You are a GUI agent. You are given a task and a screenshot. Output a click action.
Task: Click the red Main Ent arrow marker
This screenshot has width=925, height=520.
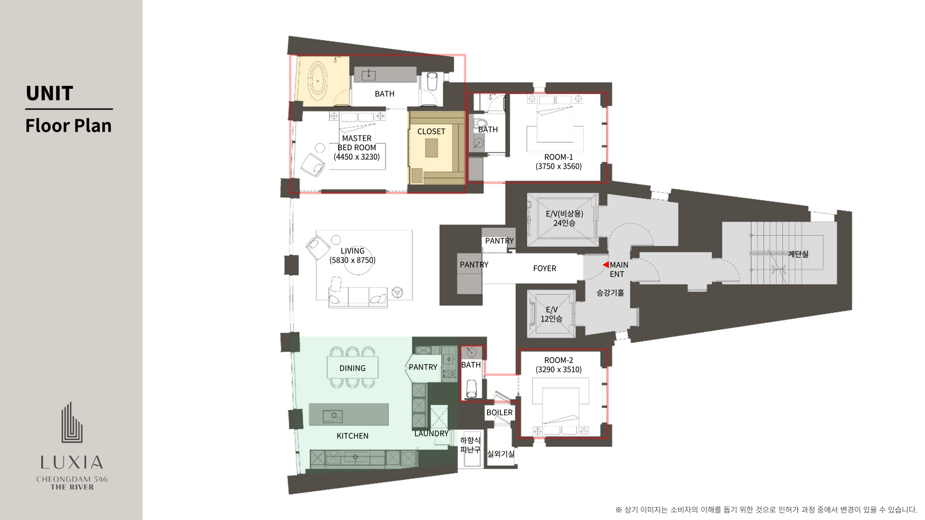click(x=605, y=265)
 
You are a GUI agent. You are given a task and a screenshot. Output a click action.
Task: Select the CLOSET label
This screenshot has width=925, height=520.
click(x=431, y=132)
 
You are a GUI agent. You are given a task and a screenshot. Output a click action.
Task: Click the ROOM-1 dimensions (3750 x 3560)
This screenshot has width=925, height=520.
click(x=559, y=166)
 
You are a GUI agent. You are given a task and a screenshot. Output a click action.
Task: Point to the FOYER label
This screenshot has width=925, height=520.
click(x=544, y=269)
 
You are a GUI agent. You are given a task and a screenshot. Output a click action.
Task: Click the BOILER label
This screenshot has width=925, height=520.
click(x=499, y=413)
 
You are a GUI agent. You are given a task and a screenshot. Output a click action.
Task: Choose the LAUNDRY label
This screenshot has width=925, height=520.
click(x=432, y=434)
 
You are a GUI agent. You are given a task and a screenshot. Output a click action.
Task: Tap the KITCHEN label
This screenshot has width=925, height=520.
click(x=352, y=436)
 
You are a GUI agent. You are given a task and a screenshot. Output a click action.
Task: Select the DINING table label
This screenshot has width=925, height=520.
click(x=352, y=368)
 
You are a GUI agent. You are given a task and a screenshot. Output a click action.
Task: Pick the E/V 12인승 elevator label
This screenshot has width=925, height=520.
click(x=551, y=314)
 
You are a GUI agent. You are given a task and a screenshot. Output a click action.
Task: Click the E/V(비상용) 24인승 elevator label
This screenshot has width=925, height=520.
click(x=564, y=218)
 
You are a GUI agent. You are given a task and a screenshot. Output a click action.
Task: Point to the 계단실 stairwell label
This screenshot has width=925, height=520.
click(x=798, y=254)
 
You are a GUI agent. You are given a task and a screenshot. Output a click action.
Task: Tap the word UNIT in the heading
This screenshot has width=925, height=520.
click(x=49, y=93)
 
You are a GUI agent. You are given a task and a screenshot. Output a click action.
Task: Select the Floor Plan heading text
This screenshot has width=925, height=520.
click(x=68, y=126)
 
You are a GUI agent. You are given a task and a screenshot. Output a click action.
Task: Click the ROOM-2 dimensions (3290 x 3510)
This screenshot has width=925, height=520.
click(x=559, y=370)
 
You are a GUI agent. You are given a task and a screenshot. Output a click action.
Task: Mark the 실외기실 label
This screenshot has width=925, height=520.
click(x=501, y=454)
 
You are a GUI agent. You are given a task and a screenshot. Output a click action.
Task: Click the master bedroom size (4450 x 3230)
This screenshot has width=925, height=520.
click(x=357, y=157)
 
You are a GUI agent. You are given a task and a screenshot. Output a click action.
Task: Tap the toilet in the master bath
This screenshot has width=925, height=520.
click(x=432, y=82)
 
